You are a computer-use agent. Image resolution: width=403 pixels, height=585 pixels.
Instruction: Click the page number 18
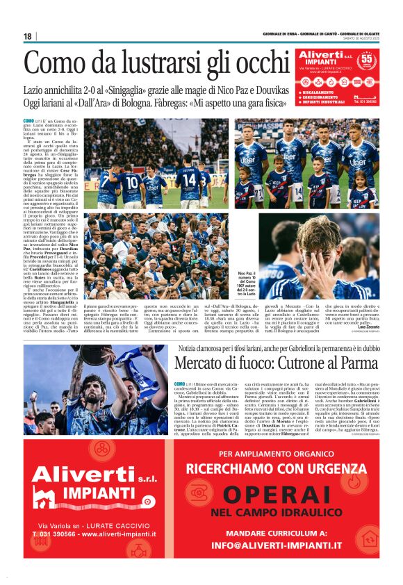click(28, 36)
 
